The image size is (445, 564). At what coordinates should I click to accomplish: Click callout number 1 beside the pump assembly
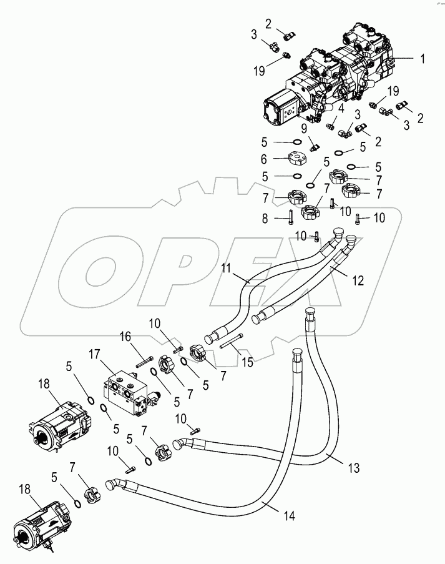[x=423, y=59]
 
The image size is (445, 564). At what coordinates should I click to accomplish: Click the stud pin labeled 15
[x=230, y=342]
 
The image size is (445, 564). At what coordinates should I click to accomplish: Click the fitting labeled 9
[x=315, y=147]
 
